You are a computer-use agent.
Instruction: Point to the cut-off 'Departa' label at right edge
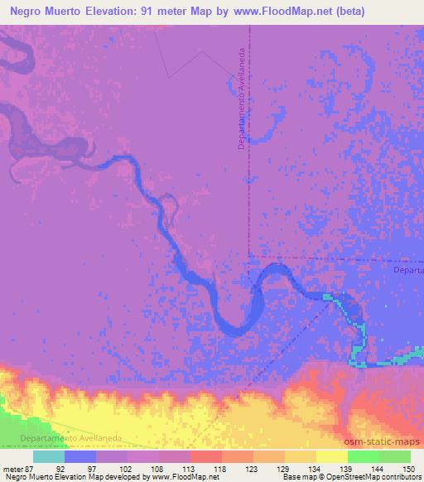tap(407, 271)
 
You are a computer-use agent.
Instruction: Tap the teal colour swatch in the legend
tap(49, 456)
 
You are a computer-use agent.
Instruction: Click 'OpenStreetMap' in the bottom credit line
tap(344, 477)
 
